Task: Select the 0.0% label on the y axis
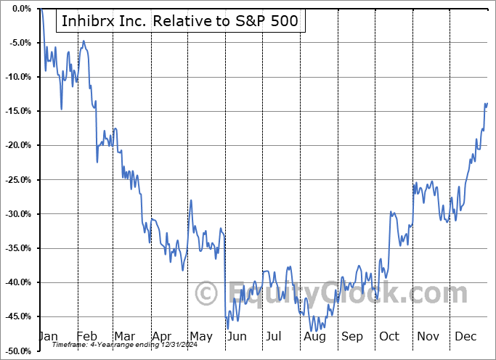tap(20, 9)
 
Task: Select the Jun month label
tap(236, 337)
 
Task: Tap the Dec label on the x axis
tap(465, 337)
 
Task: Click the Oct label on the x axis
tap(389, 337)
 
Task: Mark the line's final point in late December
tap(487, 103)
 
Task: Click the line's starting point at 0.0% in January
tap(41, 9)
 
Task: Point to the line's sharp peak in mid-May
tap(190, 200)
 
